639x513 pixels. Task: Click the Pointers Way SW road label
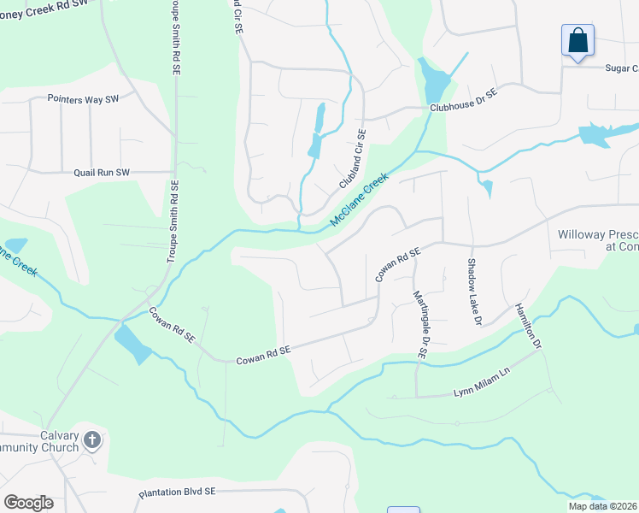click(x=83, y=99)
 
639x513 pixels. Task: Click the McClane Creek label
click(x=360, y=201)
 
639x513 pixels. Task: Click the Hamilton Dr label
click(x=528, y=327)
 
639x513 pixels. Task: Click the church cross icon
click(x=92, y=440)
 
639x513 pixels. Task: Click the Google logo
click(x=28, y=503)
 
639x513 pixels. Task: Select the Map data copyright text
click(x=602, y=506)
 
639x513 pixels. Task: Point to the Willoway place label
click(x=598, y=239)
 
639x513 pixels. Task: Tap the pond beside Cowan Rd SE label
click(x=133, y=345)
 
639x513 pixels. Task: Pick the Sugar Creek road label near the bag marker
click(x=621, y=68)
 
